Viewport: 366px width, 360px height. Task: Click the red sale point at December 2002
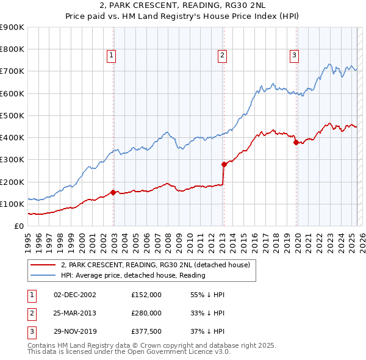click(x=113, y=192)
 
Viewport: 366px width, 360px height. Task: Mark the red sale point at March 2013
click(x=223, y=164)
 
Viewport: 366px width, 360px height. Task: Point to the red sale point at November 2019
click(x=296, y=143)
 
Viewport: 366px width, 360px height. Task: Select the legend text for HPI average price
click(x=133, y=276)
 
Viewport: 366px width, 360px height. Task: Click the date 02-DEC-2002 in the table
click(x=74, y=295)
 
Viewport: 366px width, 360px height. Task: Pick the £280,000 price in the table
click(x=146, y=313)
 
